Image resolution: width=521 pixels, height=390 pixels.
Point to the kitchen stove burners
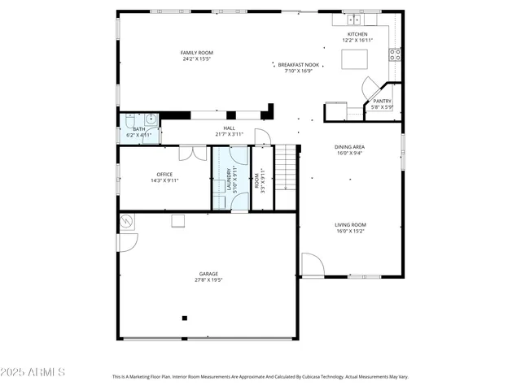click(395, 54)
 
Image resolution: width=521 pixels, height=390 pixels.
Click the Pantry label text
click(382, 102)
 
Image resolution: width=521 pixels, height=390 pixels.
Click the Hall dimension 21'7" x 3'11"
click(230, 134)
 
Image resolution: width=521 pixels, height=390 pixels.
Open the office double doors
click(193, 152)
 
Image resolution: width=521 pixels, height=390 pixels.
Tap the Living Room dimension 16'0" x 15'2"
click(351, 231)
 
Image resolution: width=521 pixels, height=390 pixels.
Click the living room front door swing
click(313, 265)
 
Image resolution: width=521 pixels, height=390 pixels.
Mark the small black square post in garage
click(185, 318)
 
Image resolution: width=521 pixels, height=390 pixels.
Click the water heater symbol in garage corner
click(127, 219)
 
